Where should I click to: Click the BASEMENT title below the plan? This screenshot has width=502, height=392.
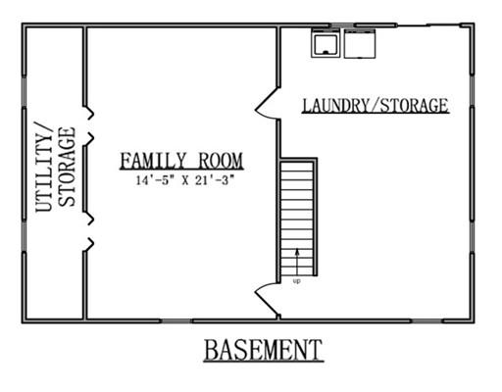pyautogui.click(x=264, y=350)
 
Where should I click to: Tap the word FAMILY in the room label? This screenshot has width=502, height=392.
pyautogui.click(x=153, y=161)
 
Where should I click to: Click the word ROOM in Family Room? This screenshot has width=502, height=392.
pyautogui.click(x=221, y=161)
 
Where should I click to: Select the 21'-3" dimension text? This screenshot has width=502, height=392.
pyautogui.click(x=215, y=180)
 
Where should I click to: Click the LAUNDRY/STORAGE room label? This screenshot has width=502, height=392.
pyautogui.click(x=376, y=106)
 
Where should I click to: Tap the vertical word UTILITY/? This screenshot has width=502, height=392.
pyautogui.click(x=44, y=167)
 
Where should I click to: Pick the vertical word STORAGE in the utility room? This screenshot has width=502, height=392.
pyautogui.click(x=67, y=167)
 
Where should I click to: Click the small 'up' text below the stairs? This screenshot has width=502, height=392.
pyautogui.click(x=297, y=281)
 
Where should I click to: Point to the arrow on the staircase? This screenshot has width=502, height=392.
pyautogui.click(x=297, y=263)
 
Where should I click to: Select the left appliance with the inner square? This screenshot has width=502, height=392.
pyautogui.click(x=326, y=43)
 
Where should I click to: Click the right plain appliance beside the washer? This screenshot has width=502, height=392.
pyautogui.click(x=360, y=44)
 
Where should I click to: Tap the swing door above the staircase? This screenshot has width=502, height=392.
pyautogui.click(x=267, y=103)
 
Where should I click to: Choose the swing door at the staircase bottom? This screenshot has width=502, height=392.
pyautogui.click(x=267, y=300)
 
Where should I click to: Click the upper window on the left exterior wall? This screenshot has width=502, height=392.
pyautogui.click(x=24, y=92)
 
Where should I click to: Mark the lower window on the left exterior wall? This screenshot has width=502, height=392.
pyautogui.click(x=24, y=237)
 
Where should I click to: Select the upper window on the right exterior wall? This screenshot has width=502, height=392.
pyautogui.click(x=473, y=91)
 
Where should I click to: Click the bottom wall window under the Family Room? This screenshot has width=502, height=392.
pyautogui.click(x=176, y=321)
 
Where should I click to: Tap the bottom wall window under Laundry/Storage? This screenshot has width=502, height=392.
pyautogui.click(x=427, y=321)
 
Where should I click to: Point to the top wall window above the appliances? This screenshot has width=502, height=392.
pyautogui.click(x=342, y=25)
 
